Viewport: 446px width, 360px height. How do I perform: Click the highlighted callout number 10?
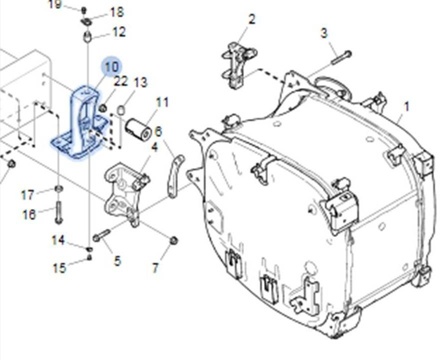111,67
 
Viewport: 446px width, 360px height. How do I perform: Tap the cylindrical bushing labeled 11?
138,129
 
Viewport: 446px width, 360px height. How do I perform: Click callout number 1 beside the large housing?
406,106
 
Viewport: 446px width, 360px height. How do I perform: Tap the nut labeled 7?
173,240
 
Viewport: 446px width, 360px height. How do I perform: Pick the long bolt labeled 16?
59,212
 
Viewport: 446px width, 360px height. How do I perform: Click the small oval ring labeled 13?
121,110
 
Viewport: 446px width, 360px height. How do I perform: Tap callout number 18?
116,12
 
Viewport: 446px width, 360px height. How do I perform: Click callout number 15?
59,268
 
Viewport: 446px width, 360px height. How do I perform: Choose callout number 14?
58,240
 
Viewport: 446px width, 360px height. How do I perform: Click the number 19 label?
55,4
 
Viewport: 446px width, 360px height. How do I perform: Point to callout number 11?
162,102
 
